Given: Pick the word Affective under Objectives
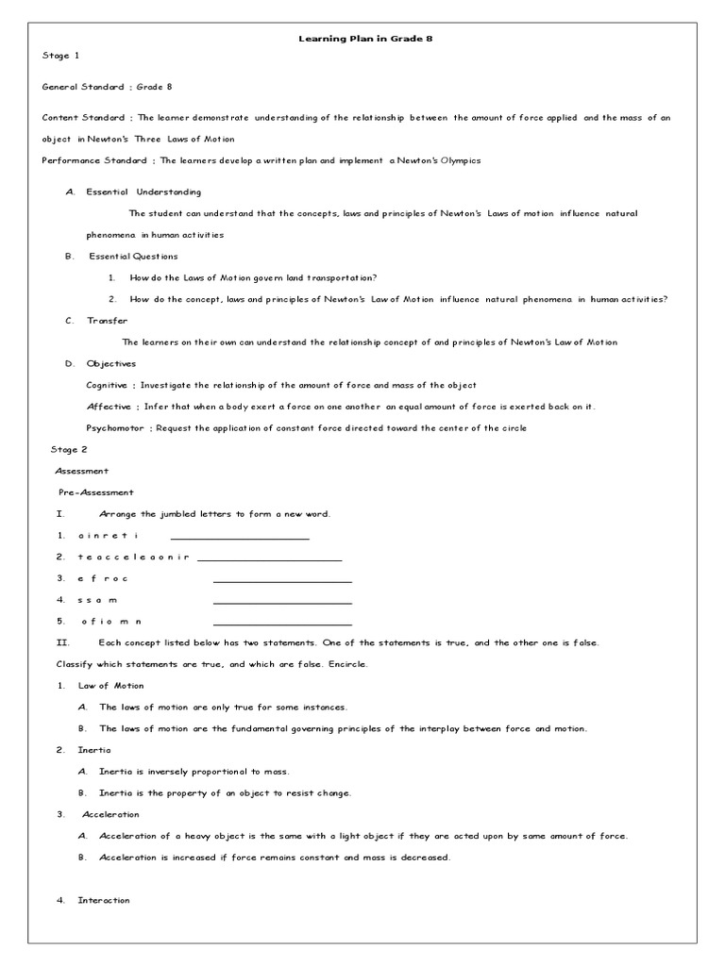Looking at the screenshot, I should (107, 407).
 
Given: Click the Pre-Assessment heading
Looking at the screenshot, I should (96, 492).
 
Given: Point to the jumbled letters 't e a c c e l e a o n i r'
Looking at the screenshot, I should (134, 557).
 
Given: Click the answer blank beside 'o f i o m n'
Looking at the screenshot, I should (282, 623).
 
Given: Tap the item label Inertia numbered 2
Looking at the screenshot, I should (94, 750).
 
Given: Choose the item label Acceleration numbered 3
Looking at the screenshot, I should (110, 814).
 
